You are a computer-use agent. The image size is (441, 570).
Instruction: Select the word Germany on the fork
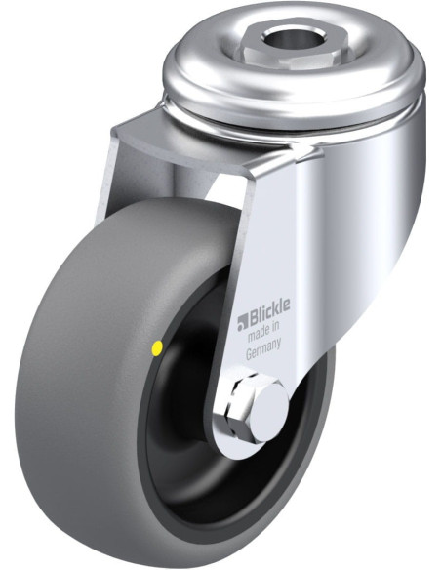[x=263, y=348]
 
